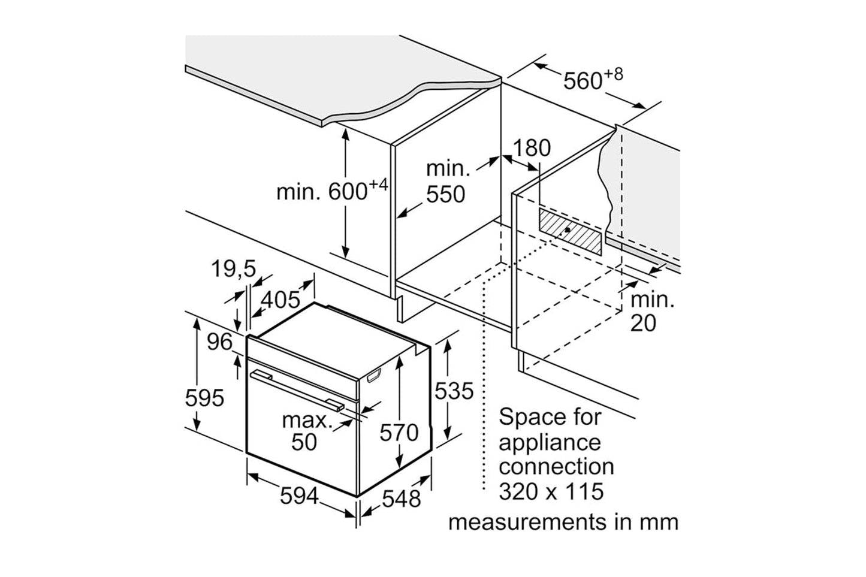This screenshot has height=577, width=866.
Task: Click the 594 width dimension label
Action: (299, 496)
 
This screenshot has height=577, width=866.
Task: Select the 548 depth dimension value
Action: (401, 498)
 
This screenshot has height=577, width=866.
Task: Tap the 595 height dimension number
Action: (204, 397)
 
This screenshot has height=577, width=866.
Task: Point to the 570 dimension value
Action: (399, 433)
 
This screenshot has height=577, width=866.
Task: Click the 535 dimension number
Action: (454, 391)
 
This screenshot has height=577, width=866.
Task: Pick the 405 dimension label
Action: (280, 299)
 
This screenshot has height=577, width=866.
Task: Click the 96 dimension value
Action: (219, 342)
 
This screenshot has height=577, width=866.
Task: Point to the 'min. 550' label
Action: (445, 182)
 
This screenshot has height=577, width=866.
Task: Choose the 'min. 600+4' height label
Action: (331, 191)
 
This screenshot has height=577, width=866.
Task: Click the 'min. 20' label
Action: (652, 311)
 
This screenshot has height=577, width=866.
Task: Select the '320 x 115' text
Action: (551, 491)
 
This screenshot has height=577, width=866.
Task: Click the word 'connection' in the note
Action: (556, 467)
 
